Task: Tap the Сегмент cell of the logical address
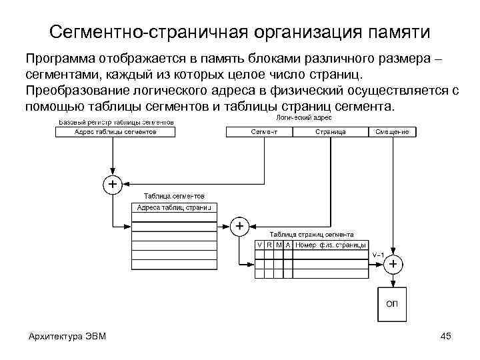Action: point(265,132)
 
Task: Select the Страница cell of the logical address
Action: point(331,132)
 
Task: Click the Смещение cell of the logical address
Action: point(392,132)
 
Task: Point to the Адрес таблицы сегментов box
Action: point(115,132)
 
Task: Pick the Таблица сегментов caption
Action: point(174,196)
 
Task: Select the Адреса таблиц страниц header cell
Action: point(173,208)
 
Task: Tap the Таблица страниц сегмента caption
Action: point(311,234)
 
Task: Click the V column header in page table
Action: point(260,245)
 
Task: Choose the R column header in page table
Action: point(269,245)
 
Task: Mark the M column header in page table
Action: point(279,245)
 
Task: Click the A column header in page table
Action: point(288,245)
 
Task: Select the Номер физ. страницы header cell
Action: point(330,245)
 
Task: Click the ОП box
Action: point(393,304)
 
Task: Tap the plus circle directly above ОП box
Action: point(393,265)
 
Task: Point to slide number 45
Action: point(446,335)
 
